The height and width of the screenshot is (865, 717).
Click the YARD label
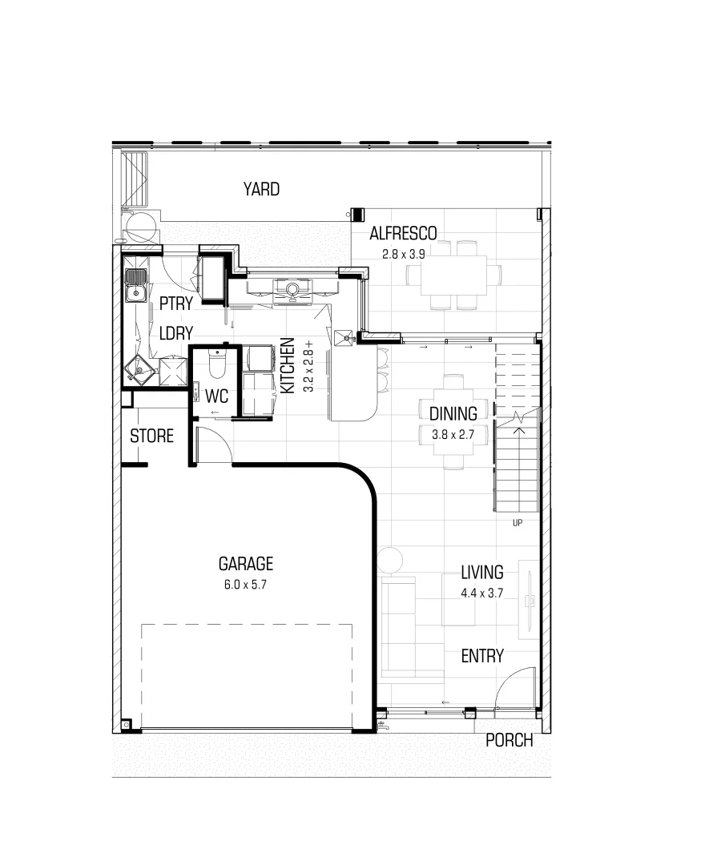click(262, 190)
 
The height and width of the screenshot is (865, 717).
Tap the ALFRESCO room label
click(403, 234)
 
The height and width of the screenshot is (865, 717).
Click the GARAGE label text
click(246, 564)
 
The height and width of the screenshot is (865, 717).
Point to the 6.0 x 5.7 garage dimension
click(245, 585)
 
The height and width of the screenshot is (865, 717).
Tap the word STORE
click(152, 437)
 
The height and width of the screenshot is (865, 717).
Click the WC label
click(218, 396)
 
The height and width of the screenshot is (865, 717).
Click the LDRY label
click(175, 333)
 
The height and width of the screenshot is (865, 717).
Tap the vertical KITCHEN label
click(287, 366)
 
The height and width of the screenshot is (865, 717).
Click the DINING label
click(453, 414)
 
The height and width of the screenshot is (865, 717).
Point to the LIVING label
click(481, 573)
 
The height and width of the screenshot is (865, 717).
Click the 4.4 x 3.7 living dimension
click(481, 593)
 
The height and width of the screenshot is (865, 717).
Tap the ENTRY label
click(482, 656)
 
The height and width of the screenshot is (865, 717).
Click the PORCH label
click(509, 741)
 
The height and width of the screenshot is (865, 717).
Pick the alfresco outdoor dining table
click(454, 275)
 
